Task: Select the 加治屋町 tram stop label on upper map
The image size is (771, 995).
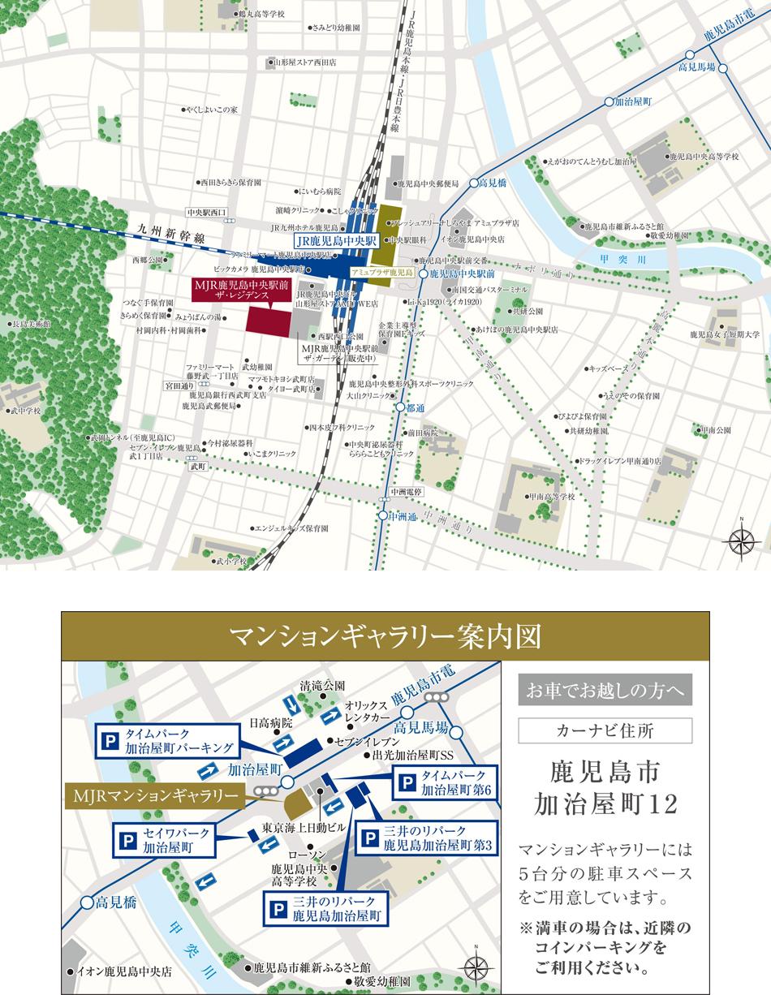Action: point(633,102)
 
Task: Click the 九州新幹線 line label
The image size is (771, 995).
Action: point(171,231)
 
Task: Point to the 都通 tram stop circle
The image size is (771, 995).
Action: point(399,407)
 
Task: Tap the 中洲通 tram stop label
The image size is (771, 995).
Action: point(402,516)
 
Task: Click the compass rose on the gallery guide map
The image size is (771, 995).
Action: point(476,967)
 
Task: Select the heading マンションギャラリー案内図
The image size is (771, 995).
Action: point(385,637)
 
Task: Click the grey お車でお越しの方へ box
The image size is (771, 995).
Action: point(605,691)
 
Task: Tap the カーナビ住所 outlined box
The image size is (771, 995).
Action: point(605,730)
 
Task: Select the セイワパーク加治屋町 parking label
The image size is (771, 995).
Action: point(167,841)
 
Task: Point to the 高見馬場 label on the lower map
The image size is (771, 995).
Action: point(421,726)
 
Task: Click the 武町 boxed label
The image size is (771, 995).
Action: point(198,467)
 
